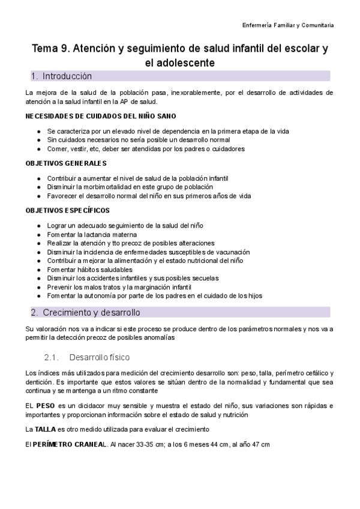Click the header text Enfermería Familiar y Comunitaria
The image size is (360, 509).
tap(288, 26)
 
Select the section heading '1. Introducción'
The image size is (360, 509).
tap(61, 76)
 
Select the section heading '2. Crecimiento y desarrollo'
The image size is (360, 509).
tap(85, 313)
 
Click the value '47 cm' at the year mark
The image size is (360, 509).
tap(262, 444)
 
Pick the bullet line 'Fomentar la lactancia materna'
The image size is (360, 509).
tap(92, 234)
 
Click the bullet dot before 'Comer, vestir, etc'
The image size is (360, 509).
tap(39, 148)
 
